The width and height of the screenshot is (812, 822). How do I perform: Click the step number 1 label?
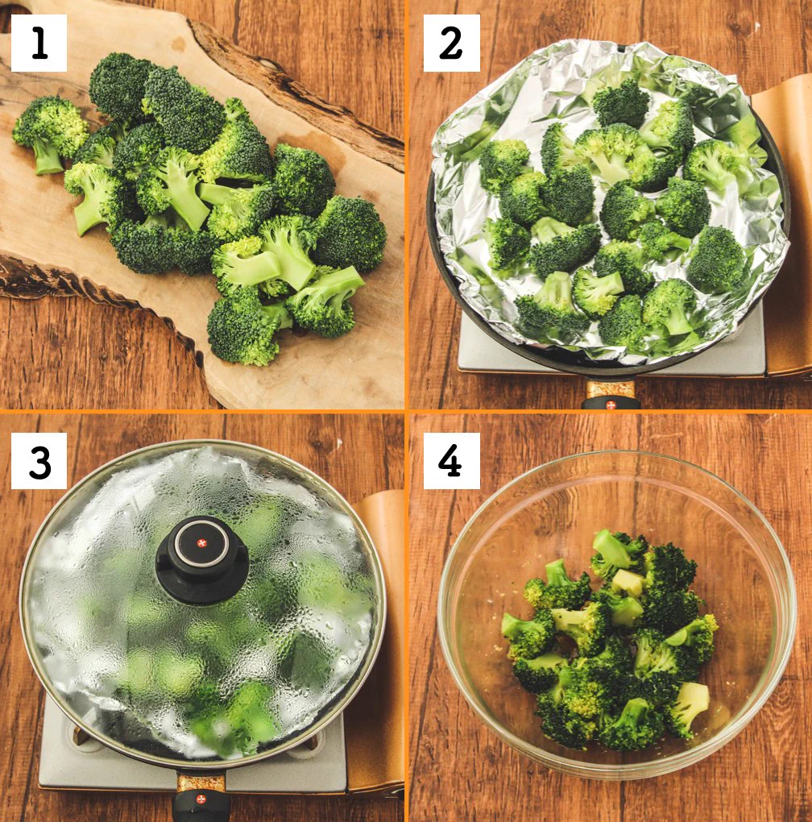click(39, 43)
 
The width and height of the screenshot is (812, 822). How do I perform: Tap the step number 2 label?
click(451, 43)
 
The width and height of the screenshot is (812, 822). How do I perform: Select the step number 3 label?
click(39, 461)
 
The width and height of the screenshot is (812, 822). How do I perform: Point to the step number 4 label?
click(451, 461)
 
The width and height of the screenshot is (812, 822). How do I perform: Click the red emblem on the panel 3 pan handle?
click(201, 800)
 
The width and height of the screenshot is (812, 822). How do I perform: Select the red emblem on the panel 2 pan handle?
click(611, 405)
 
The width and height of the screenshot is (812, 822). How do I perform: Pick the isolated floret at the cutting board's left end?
click(50, 134)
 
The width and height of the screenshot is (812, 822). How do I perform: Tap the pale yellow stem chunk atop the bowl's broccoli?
click(628, 582)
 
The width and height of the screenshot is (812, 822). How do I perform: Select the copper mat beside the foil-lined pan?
click(785, 226)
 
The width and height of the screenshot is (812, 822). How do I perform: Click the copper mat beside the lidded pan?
click(379, 629)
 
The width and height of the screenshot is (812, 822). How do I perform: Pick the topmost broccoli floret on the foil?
click(620, 103)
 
